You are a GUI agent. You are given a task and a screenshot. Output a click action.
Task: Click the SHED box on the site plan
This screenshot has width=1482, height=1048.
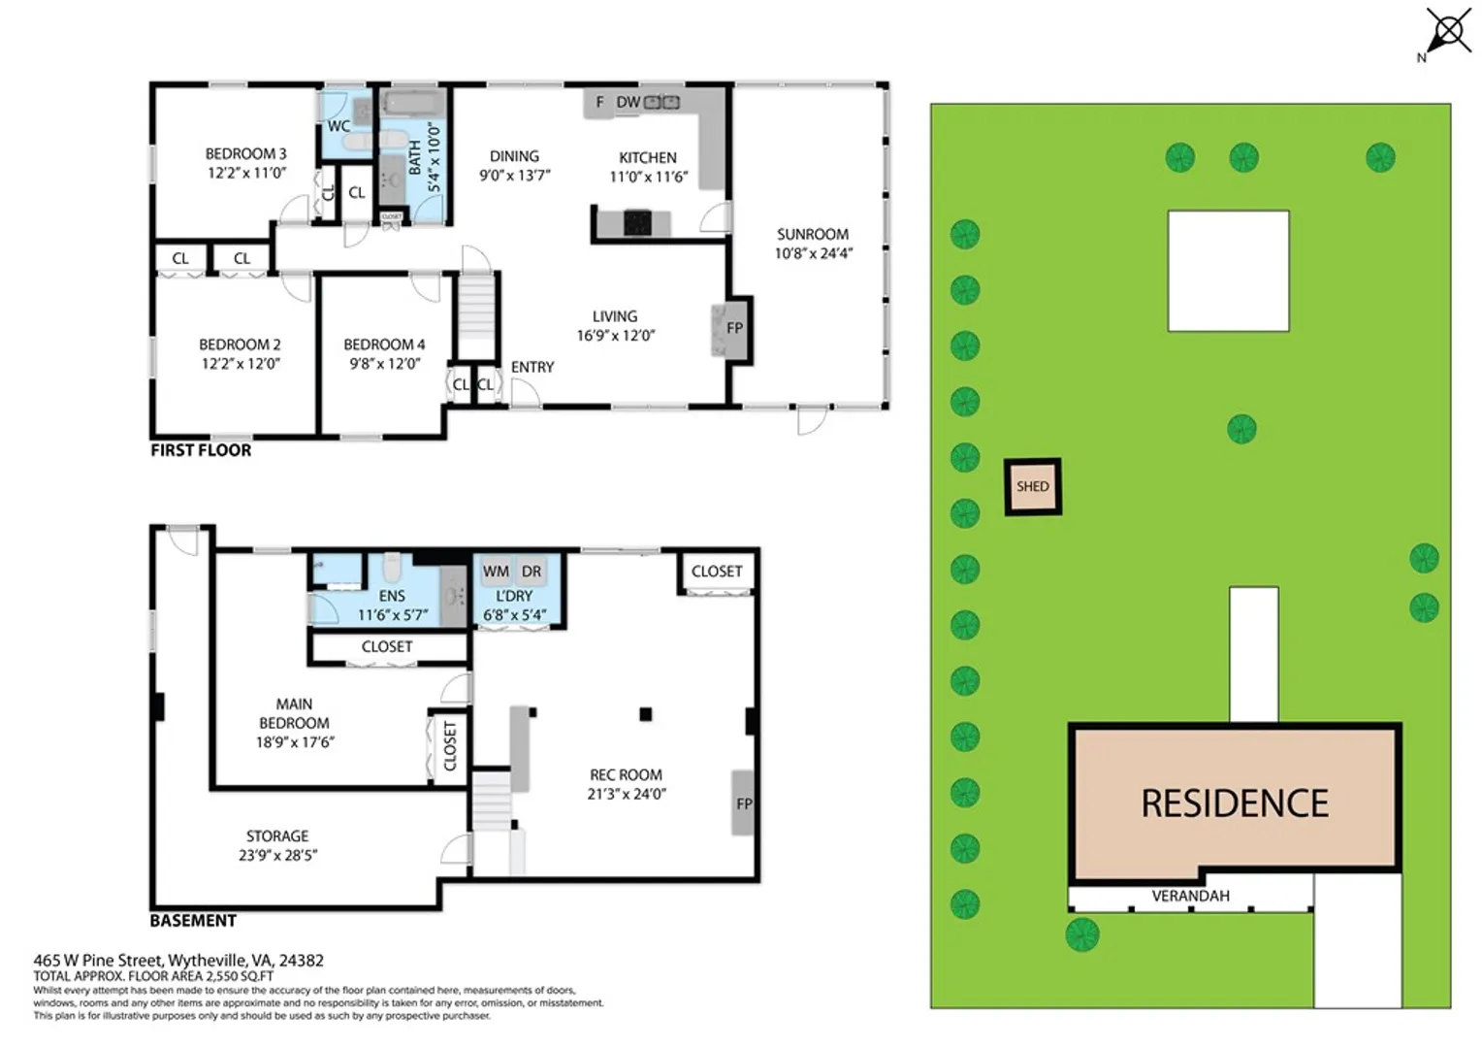click(x=1033, y=486)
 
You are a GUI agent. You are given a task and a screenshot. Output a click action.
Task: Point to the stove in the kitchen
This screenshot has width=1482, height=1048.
click(x=638, y=223)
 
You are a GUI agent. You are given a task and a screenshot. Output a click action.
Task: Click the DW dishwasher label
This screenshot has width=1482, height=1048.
click(x=628, y=102)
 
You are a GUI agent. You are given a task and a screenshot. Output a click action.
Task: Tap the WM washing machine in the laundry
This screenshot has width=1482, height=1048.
click(x=496, y=572)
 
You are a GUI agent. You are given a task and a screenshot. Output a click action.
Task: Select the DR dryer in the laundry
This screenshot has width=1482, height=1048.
click(x=532, y=572)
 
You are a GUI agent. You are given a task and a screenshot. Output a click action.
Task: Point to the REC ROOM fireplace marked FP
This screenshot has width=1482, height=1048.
click(x=742, y=802)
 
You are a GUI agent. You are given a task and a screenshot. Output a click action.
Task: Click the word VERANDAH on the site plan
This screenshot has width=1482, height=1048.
click(x=1190, y=896)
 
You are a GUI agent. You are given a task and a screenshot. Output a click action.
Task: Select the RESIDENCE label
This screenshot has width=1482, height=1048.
click(x=1235, y=803)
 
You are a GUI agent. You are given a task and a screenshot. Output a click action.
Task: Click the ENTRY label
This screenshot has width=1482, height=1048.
click(x=532, y=367)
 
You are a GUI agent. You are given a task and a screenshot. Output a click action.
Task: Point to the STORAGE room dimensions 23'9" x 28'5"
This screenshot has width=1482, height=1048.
click(x=277, y=855)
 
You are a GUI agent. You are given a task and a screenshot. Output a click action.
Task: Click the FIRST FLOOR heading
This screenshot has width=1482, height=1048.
click(x=201, y=450)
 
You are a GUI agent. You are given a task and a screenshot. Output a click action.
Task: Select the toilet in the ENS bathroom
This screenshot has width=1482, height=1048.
click(x=392, y=567)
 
